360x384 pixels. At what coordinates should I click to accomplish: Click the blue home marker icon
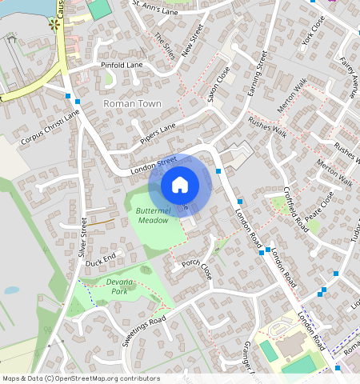click(180, 185)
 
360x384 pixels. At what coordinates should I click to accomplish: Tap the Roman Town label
click(132, 104)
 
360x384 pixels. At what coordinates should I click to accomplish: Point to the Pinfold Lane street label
click(121, 64)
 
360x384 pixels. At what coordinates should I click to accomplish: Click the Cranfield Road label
click(296, 209)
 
